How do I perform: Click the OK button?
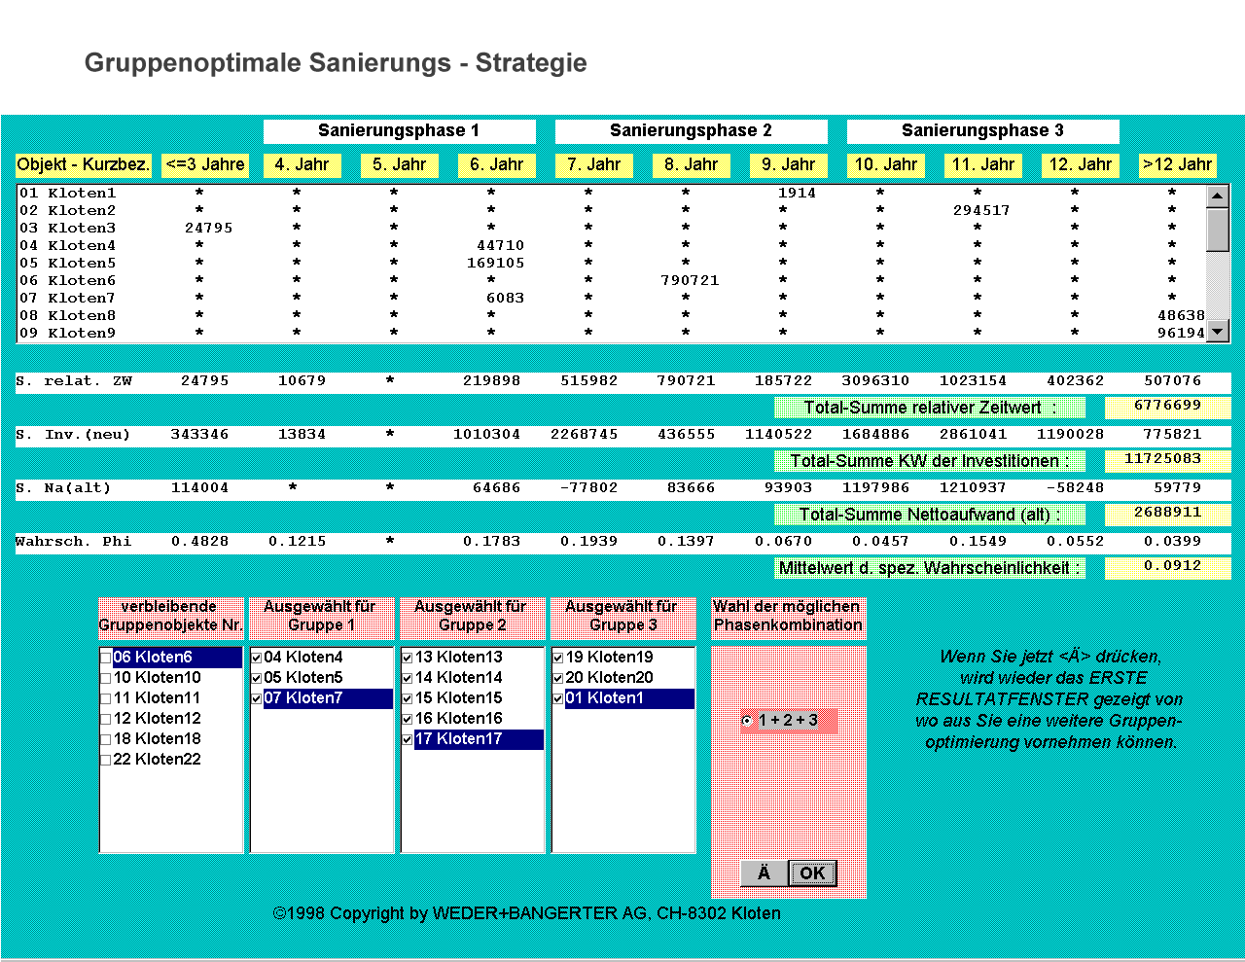coord(812,873)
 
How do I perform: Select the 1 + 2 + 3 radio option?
coord(746,721)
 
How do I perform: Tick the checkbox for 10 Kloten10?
coord(106,678)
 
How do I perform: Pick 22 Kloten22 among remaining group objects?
coord(157,760)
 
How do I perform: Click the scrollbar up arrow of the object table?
coord(1218,196)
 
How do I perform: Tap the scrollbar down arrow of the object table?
coord(1218,332)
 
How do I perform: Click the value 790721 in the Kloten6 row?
coord(690,281)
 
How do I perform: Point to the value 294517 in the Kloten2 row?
coord(981,211)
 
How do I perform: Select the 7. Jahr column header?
coord(594,165)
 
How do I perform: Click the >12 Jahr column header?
coord(1178,165)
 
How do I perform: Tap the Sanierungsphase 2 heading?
coord(691,131)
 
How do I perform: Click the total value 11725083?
coord(1167,459)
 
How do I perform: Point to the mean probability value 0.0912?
coord(1172,566)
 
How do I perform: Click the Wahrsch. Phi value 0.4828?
coord(200,542)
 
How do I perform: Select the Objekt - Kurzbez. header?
coord(84,165)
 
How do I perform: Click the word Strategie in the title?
coord(531,63)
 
